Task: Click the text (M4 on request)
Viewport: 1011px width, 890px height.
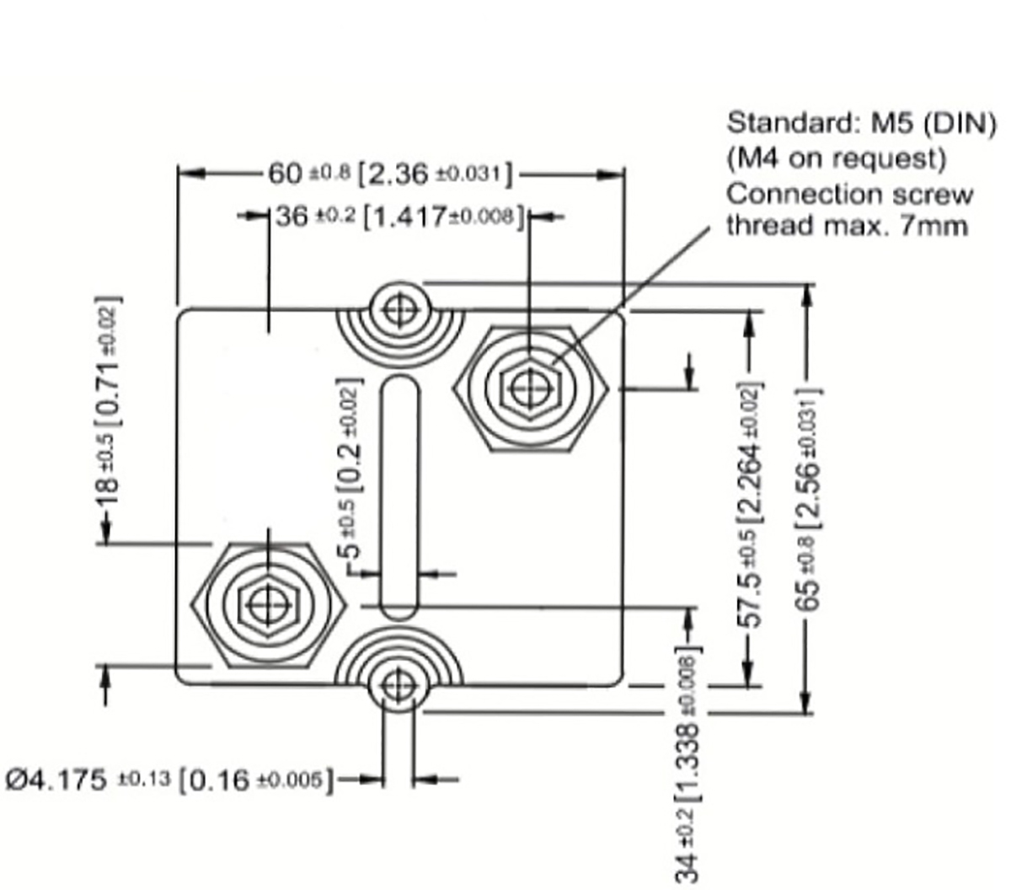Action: [836, 158]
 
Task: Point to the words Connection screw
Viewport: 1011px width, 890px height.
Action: [849, 193]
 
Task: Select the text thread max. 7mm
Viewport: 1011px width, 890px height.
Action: [847, 226]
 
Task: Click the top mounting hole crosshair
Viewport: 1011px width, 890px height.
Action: [400, 309]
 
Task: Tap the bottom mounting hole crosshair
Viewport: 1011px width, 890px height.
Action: [399, 687]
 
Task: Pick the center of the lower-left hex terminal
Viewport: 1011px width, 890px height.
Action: [268, 603]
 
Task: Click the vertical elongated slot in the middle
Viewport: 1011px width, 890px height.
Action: [399, 497]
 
